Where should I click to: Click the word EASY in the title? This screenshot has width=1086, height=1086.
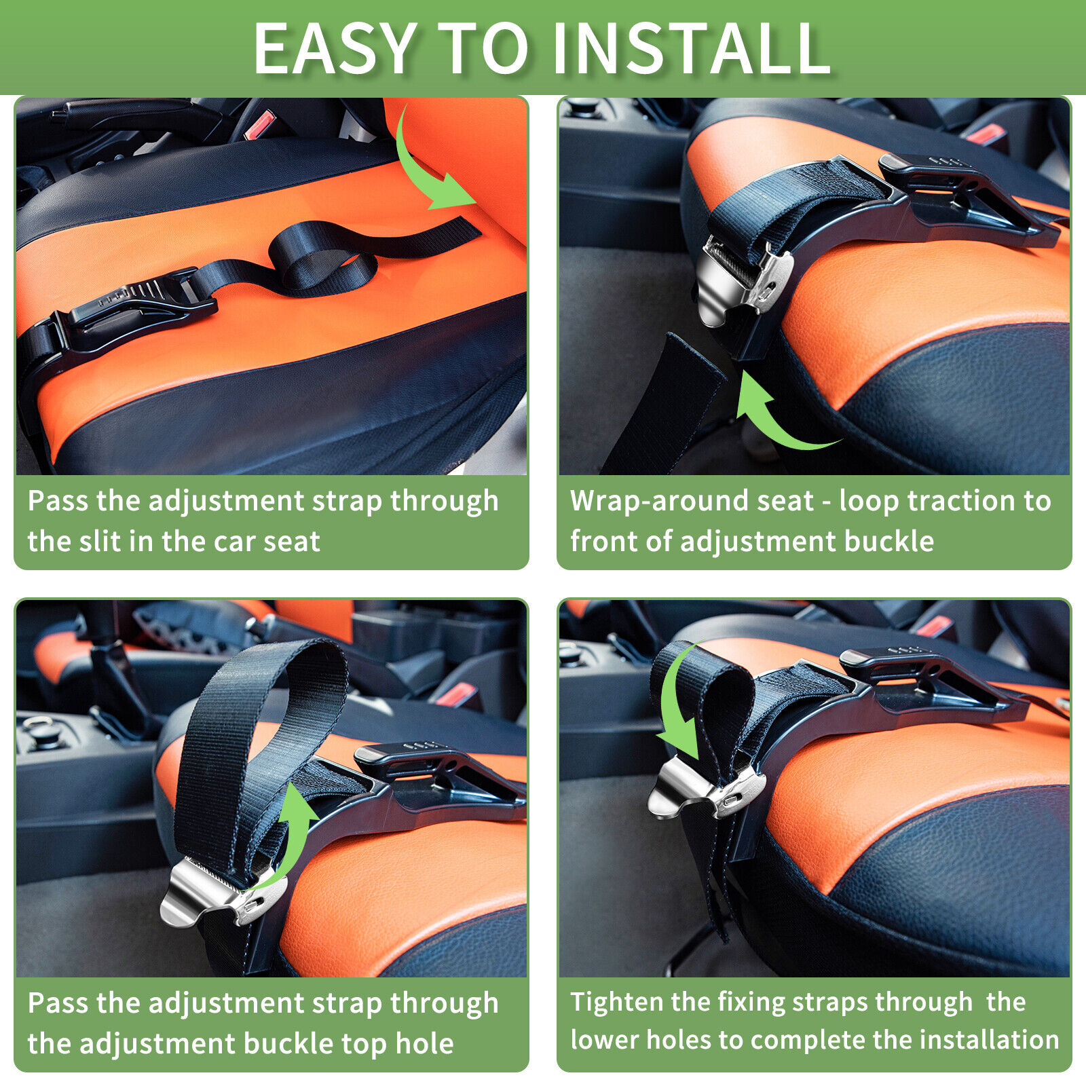pos(333,49)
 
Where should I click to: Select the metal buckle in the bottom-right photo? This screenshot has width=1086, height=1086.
pos(706,791)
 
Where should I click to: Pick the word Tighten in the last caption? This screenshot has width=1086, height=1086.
pos(617,1002)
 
